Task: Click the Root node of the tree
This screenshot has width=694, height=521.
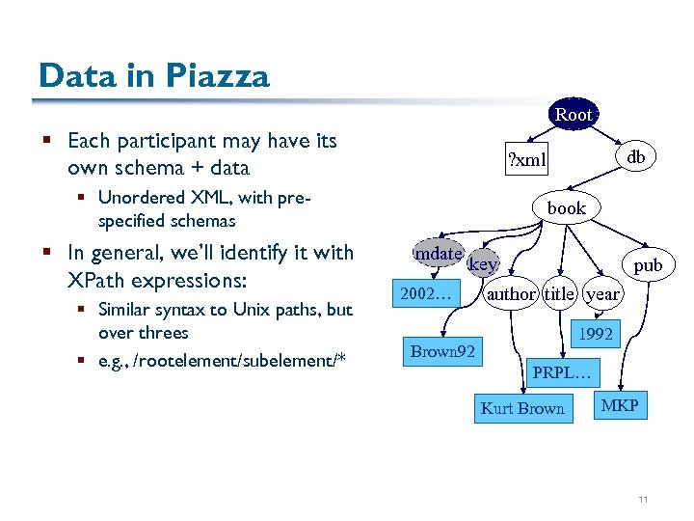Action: pyautogui.click(x=574, y=114)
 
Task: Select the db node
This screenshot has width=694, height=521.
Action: pyautogui.click(x=636, y=155)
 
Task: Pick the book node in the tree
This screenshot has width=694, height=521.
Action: pyautogui.click(x=566, y=207)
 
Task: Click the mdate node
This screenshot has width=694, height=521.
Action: pyautogui.click(x=438, y=253)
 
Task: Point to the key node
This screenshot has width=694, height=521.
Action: pyautogui.click(x=483, y=263)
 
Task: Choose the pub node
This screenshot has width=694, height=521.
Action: pyautogui.click(x=647, y=263)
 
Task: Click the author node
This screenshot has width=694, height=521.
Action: pyautogui.click(x=511, y=294)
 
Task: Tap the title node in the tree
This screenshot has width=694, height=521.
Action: pyautogui.click(x=560, y=294)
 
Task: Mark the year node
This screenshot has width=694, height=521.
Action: pyautogui.click(x=603, y=294)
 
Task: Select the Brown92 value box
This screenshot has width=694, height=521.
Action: pyautogui.click(x=442, y=351)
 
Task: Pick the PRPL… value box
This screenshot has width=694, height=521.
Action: pyautogui.click(x=567, y=371)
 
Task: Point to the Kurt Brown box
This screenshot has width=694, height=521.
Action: pyautogui.click(x=522, y=408)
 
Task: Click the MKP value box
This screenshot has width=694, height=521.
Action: pyautogui.click(x=620, y=405)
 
